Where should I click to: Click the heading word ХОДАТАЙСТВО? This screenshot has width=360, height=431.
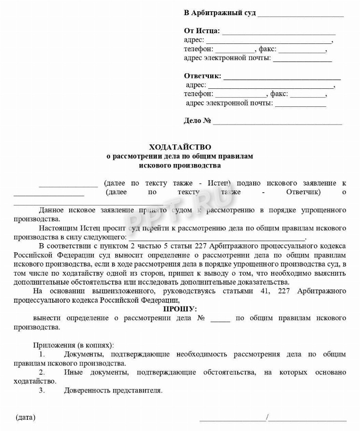(180, 146)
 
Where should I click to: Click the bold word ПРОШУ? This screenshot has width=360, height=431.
(180, 309)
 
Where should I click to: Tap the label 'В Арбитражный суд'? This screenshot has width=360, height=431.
(220, 13)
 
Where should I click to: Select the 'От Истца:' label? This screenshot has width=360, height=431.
(202, 31)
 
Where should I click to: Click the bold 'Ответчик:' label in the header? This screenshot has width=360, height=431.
(202, 76)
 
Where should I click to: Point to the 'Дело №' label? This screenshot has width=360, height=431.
(198, 121)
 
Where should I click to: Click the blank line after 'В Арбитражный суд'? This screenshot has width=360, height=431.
(300, 14)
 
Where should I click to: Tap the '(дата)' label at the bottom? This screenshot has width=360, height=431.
(26, 417)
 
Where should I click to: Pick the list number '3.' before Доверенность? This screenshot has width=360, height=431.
(42, 390)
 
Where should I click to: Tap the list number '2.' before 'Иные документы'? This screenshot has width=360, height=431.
(42, 372)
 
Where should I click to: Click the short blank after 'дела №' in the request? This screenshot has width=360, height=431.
(220, 319)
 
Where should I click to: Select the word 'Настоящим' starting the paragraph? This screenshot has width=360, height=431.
(56, 227)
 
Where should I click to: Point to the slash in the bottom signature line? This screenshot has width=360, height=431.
(267, 417)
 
